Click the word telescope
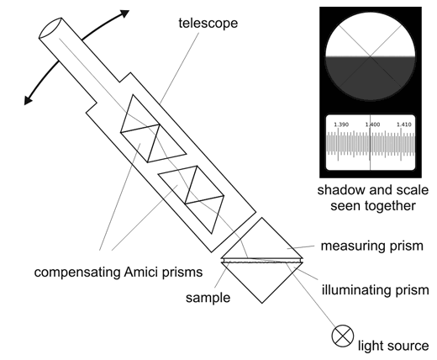208,23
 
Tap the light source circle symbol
342,336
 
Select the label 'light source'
393,346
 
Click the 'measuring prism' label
372,246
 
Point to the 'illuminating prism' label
376,289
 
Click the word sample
208,298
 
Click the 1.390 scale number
341,124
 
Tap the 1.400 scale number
372,124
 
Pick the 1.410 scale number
404,124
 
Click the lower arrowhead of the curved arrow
28,100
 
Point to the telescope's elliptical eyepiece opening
50,28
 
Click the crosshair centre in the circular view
371,56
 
